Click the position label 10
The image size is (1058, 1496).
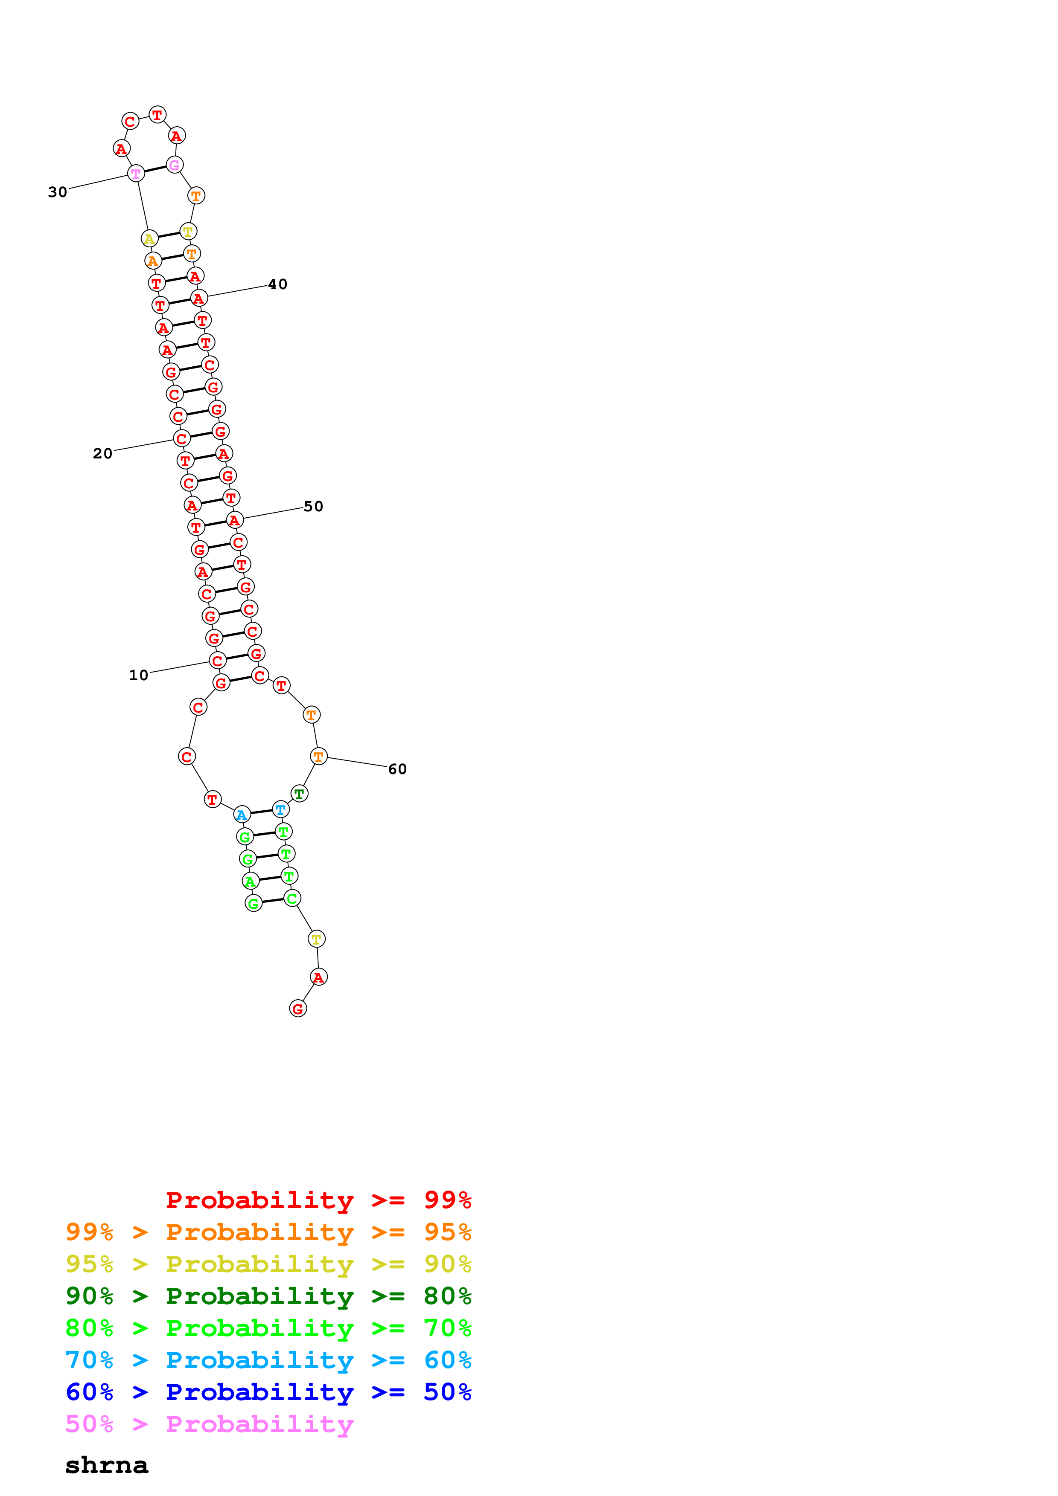138,675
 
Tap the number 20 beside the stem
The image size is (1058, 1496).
102,453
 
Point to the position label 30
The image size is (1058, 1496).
57,192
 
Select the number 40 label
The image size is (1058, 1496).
278,284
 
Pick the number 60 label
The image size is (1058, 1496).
397,769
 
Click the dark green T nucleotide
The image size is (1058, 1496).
299,794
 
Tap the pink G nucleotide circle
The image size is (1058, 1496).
174,165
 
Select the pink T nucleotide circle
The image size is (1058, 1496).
136,173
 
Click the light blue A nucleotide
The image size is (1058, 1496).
242,815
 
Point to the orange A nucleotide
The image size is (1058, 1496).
152,261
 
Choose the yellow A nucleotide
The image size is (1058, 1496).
149,238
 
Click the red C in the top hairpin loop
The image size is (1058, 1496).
130,121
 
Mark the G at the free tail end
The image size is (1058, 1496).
297,1009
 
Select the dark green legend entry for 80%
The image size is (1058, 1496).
268,1296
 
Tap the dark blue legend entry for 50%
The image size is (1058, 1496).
268,1392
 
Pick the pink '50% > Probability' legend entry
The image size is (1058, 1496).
209,1424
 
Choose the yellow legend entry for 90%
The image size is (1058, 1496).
268,1264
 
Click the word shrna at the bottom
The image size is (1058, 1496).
106,1465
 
